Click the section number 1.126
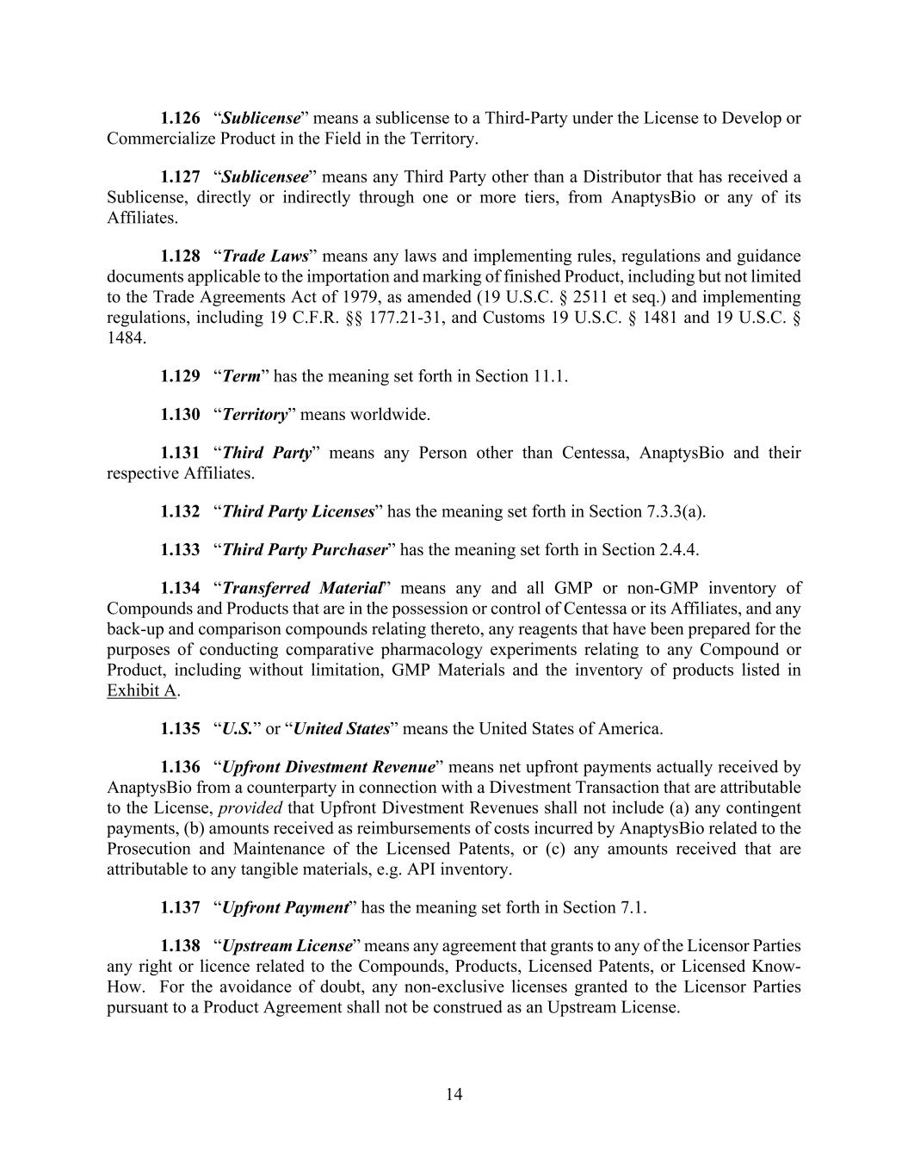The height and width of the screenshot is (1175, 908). [x=180, y=118]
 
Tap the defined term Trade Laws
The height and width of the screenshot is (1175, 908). [x=265, y=257]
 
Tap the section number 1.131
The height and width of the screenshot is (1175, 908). [x=180, y=453]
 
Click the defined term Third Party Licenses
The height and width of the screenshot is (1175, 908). [x=298, y=512]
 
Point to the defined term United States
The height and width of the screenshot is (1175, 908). [x=341, y=729]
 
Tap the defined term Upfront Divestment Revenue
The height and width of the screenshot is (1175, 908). [x=328, y=767]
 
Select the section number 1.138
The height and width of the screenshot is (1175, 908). [x=180, y=946]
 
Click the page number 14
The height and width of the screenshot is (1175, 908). [x=454, y=1094]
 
